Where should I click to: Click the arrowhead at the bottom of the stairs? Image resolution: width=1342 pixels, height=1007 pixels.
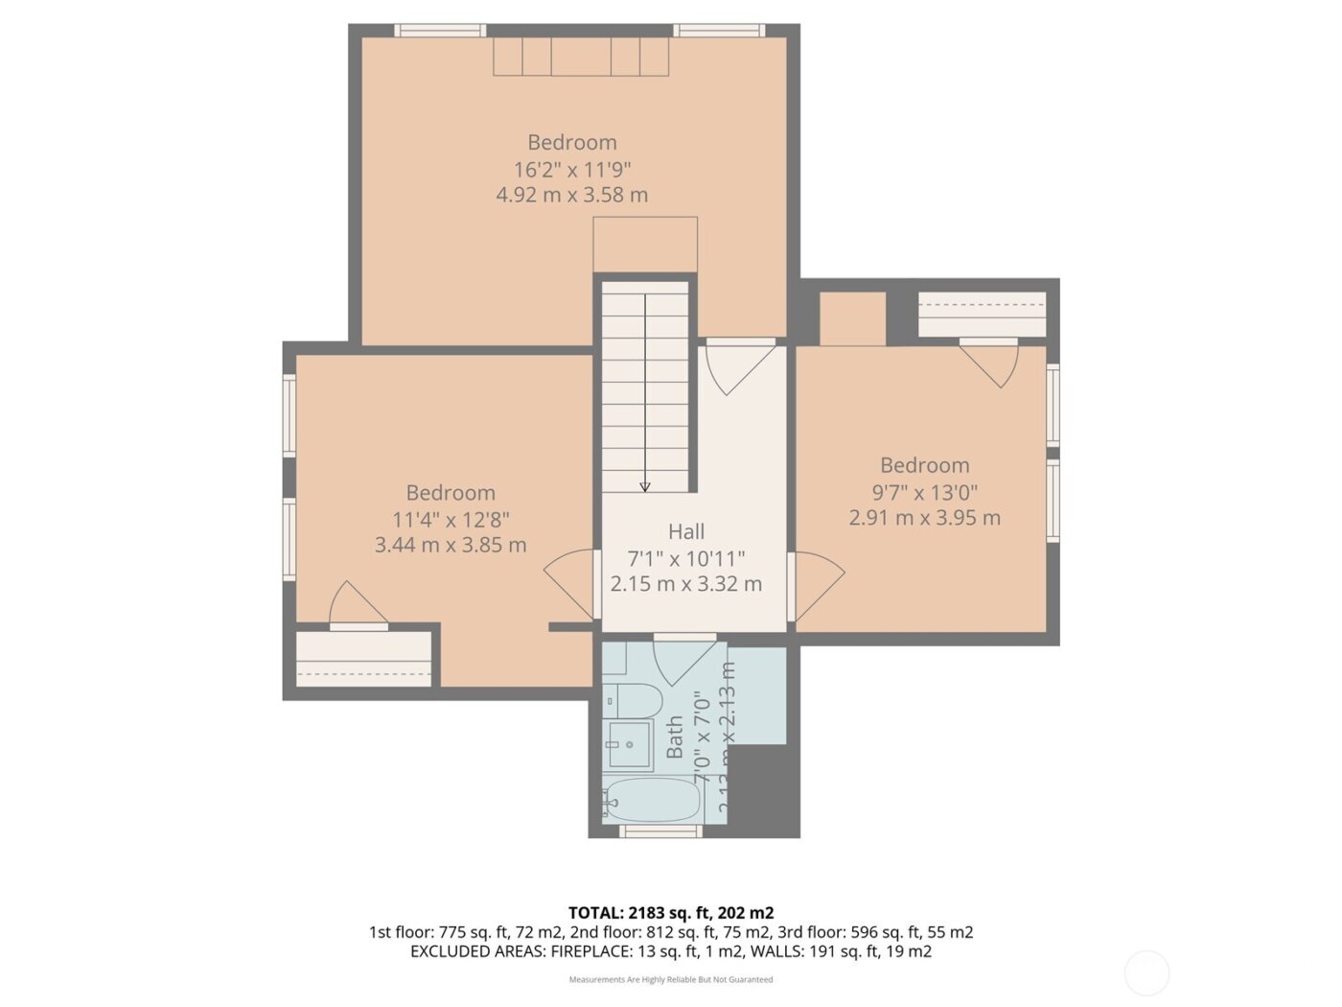(645, 487)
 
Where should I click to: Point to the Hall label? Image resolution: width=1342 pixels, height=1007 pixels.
(686, 531)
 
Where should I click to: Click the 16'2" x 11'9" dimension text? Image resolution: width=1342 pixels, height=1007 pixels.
(572, 170)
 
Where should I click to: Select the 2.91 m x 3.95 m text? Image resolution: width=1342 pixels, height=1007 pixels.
(924, 518)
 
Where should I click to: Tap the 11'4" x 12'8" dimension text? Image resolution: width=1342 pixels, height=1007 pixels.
(451, 520)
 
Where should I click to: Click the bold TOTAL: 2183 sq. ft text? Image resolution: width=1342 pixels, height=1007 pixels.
(670, 912)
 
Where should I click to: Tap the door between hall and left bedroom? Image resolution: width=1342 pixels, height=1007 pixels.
(571, 581)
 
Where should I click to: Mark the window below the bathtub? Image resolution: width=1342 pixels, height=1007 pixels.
(660, 831)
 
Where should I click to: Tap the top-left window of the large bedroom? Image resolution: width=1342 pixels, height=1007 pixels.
(440, 31)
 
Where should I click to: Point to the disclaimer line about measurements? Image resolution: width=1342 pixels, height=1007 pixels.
(670, 979)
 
